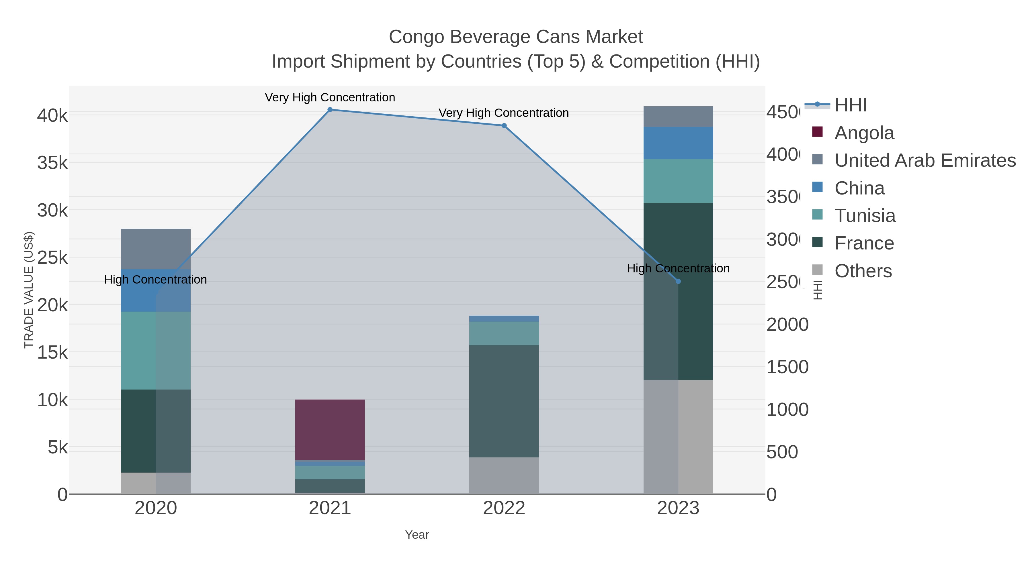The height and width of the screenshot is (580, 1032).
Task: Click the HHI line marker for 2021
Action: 330,110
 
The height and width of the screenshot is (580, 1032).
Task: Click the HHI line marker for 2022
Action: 504,126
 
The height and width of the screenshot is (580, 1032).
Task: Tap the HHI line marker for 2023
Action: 678,281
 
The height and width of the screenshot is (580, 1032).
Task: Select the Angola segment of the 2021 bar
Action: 330,430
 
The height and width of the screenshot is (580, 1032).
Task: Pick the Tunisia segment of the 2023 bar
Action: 678,181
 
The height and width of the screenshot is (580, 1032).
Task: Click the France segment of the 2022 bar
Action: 504,401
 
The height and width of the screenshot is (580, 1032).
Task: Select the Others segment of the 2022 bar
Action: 504,475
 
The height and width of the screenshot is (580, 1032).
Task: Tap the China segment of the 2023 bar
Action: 678,143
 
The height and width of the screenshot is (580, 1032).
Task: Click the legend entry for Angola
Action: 864,133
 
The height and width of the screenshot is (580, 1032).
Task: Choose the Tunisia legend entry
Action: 865,216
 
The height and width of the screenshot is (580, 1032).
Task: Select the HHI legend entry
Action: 850,105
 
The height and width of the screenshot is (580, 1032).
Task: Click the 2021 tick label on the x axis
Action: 330,508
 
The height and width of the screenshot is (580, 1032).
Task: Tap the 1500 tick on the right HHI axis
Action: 787,367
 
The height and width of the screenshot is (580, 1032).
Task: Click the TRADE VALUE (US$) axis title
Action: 28,290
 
